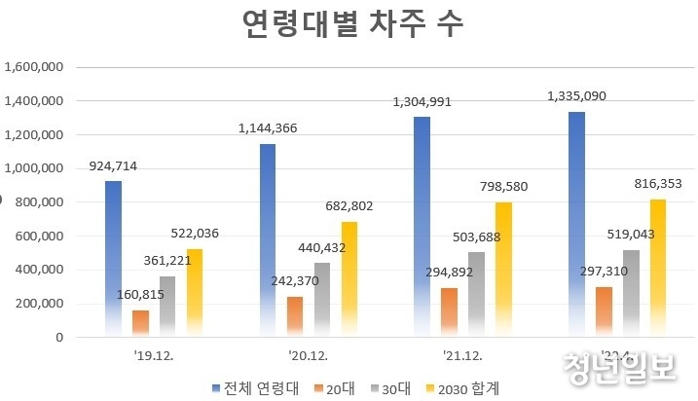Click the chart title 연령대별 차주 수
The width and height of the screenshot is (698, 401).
click(352, 26)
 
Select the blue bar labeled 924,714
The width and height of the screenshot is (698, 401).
click(113, 258)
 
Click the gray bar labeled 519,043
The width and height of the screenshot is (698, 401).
click(630, 293)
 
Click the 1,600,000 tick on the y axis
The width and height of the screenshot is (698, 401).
click(34, 67)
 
